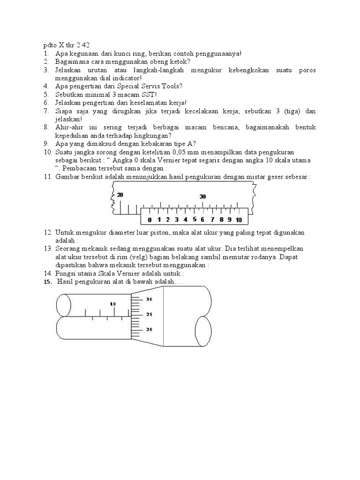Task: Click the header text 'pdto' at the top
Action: (46, 45)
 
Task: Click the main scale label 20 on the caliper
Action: (120, 195)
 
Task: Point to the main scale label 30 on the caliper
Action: (202, 197)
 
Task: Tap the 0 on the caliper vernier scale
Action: (150, 219)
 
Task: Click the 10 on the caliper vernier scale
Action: (239, 219)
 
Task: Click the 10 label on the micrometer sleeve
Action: (113, 304)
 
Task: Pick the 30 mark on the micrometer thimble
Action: (150, 299)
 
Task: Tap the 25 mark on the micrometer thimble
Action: (150, 314)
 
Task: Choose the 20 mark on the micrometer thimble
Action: (150, 330)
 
